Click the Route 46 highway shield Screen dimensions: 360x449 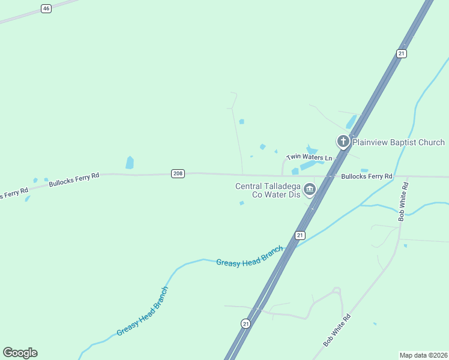(x=46, y=8)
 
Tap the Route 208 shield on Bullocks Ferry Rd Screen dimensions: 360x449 (x=178, y=173)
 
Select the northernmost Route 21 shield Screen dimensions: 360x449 (x=402, y=54)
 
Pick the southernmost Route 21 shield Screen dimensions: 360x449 (x=246, y=323)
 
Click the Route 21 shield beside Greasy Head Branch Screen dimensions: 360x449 (x=300, y=235)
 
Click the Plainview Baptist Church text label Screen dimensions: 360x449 (x=399, y=142)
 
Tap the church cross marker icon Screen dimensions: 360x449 (x=343, y=142)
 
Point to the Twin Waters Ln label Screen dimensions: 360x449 (x=309, y=157)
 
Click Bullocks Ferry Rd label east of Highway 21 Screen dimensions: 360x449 (x=366, y=176)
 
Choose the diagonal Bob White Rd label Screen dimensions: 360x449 (x=336, y=330)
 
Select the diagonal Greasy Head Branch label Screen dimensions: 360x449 (x=142, y=311)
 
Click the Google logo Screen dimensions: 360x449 (x=20, y=353)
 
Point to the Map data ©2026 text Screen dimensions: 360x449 (x=423, y=355)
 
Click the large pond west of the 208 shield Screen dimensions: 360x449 (x=130, y=163)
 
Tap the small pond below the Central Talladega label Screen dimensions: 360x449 (x=241, y=203)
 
